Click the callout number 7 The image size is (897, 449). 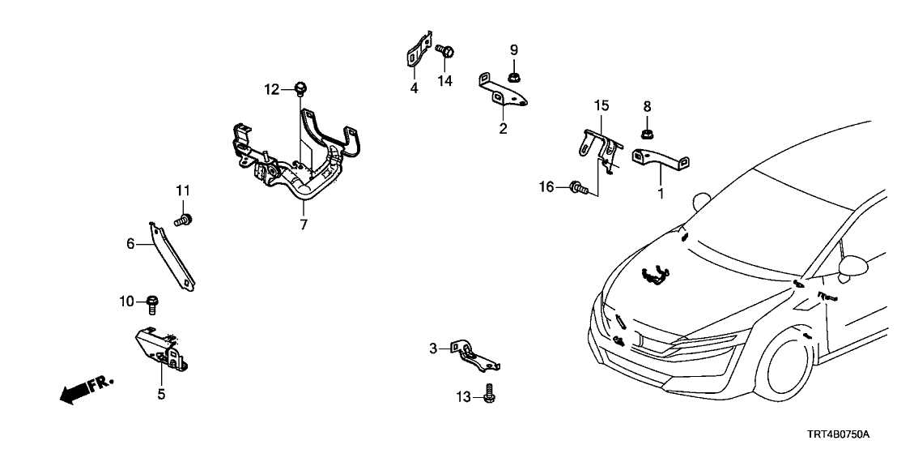click(304, 225)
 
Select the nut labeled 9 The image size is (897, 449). click(513, 78)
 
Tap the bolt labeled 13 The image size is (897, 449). click(490, 396)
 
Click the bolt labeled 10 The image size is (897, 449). click(153, 304)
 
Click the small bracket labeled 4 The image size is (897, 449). click(417, 52)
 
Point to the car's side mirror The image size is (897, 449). click(852, 265)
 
